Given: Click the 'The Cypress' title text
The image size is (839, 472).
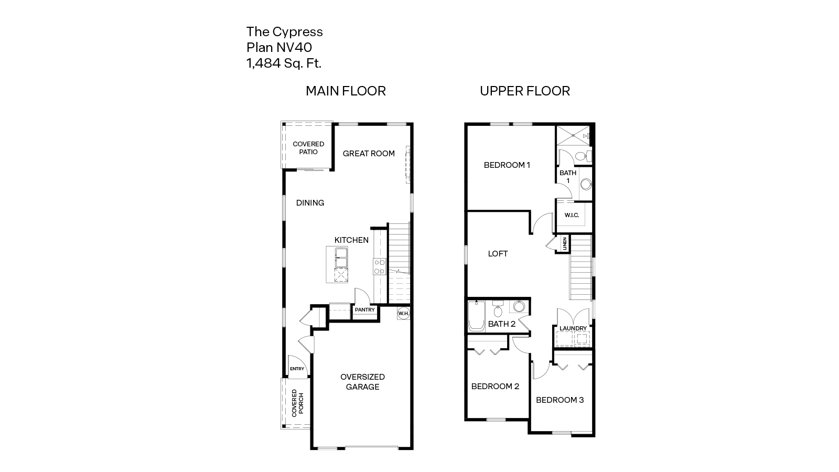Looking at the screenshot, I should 285,32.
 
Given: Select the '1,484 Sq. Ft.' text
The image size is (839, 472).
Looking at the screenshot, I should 284,63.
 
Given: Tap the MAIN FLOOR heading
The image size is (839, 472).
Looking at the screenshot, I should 346,91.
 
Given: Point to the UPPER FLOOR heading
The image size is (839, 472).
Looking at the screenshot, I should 524,91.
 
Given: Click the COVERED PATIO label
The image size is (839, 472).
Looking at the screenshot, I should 308,148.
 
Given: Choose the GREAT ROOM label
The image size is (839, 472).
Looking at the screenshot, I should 369,154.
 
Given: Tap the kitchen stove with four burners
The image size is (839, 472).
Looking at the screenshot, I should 379,267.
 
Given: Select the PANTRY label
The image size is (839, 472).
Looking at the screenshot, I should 364,310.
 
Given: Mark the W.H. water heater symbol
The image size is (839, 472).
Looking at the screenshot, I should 403,313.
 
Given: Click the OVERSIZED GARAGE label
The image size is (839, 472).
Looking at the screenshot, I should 362,382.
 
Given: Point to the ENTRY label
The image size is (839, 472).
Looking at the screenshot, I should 297,369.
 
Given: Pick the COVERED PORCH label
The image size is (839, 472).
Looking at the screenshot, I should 297,403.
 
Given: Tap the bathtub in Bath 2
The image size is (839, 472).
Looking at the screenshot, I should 476,316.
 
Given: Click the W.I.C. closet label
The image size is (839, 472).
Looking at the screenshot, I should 572,216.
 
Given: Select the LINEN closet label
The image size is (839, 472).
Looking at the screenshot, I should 565,244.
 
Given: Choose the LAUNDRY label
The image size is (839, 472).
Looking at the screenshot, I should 573,329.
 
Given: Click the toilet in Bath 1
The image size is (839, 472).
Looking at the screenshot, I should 582,156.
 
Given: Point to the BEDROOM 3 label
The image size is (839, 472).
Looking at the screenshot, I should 560,400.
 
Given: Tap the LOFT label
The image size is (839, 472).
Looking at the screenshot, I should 498,254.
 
